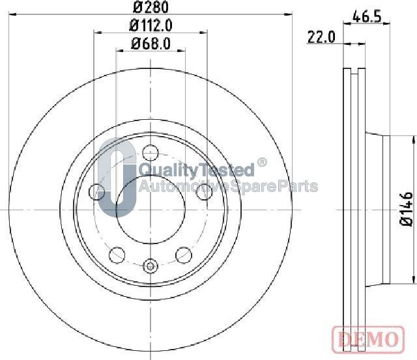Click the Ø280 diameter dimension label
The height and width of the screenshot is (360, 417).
click(x=151, y=8)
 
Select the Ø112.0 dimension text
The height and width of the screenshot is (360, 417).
click(x=151, y=26)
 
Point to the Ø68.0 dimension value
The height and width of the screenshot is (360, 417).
click(x=151, y=44)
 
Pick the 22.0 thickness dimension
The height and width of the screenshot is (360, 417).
click(x=321, y=37)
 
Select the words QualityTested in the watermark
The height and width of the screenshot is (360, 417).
click(x=196, y=171)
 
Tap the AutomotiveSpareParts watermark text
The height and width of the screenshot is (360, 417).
click(x=228, y=187)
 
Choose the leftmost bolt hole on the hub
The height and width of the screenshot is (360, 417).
click(x=96, y=191)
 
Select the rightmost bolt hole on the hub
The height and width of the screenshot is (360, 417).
click(x=205, y=191)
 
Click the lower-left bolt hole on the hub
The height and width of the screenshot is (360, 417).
click(x=117, y=255)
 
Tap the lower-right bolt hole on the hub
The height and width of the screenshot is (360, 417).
click(x=184, y=255)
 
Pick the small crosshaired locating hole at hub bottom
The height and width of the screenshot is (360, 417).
click(x=151, y=265)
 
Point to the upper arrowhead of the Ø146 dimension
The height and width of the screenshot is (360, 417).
click(x=413, y=140)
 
